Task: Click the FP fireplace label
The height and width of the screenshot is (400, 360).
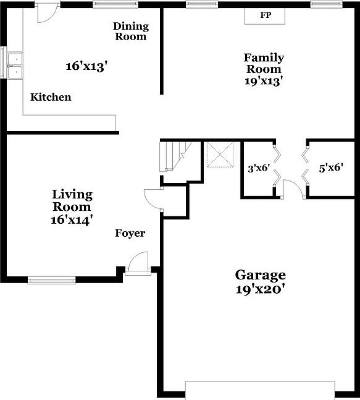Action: (x=266, y=15)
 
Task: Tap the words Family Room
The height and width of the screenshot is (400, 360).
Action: (x=264, y=63)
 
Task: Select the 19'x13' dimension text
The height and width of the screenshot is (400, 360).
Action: (x=264, y=80)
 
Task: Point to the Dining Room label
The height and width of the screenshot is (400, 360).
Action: (x=131, y=31)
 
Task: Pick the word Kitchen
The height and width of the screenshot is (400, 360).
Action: (x=51, y=97)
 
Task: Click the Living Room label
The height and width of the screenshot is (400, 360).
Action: (x=72, y=201)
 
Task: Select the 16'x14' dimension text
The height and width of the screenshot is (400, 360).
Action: (x=72, y=219)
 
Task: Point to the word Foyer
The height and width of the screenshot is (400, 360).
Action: (x=130, y=233)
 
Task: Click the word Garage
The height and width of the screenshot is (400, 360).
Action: (x=260, y=275)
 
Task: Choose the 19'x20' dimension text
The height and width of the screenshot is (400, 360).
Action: (x=260, y=290)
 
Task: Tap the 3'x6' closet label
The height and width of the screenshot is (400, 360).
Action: (x=259, y=168)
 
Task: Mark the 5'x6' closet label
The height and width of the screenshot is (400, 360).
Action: (x=331, y=167)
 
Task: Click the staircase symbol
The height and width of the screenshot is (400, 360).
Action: (x=174, y=156)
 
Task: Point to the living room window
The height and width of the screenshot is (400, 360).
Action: (x=52, y=279)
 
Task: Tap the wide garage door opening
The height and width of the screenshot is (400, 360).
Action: (x=260, y=390)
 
